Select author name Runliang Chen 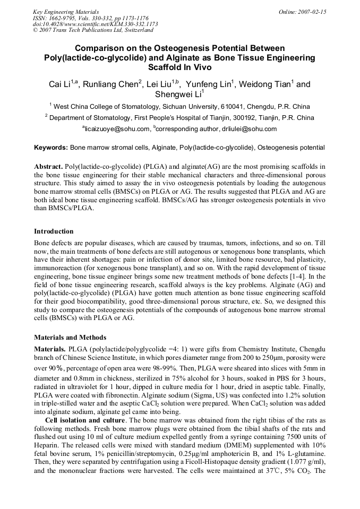click(x=115, y=84)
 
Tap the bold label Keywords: click(x=51, y=147)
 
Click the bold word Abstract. click(x=48, y=166)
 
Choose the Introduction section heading click(x=54, y=231)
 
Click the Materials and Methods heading click(x=70, y=337)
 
